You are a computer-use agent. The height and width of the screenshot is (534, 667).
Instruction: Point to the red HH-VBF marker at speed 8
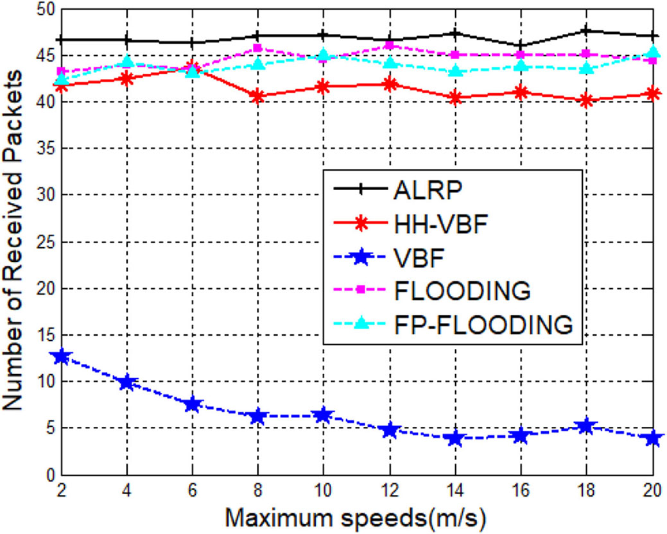click(x=258, y=96)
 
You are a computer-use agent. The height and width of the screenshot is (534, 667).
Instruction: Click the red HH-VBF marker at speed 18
click(x=587, y=101)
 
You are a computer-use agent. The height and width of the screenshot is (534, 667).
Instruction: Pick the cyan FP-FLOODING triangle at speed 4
click(x=127, y=62)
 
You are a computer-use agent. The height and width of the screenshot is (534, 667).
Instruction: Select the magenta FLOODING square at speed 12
click(x=390, y=45)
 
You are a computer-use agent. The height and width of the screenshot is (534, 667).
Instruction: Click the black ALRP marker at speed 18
click(x=587, y=30)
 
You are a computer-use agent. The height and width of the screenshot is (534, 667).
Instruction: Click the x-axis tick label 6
click(x=193, y=490)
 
